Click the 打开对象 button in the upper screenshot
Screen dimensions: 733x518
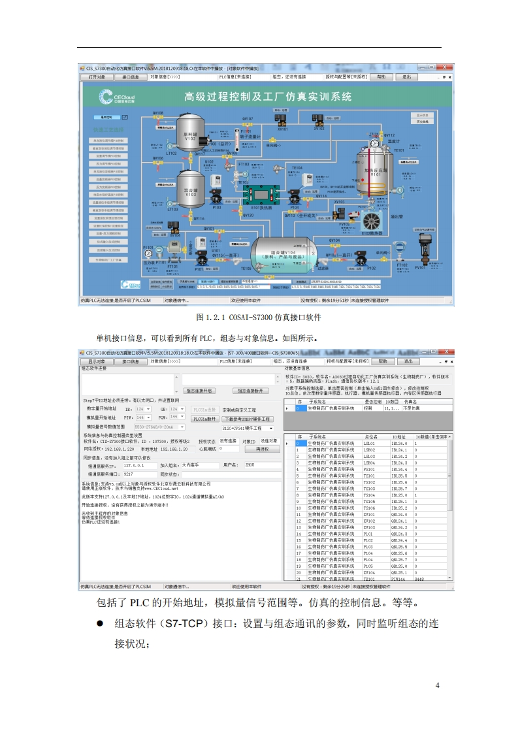[97, 76]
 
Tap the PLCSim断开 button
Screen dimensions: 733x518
[204, 419]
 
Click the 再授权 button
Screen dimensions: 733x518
[263, 449]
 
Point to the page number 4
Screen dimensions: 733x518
[438, 685]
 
